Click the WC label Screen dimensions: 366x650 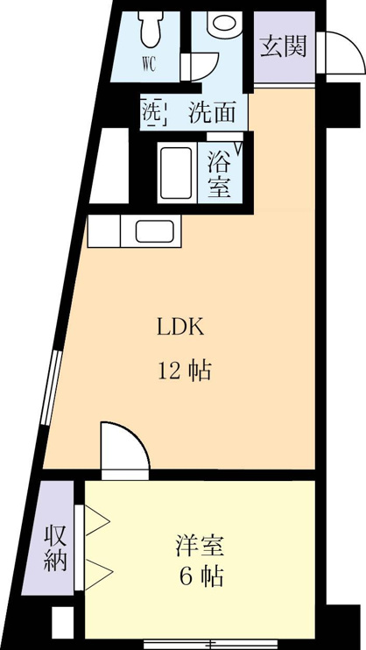click(149, 65)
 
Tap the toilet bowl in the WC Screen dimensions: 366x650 click(151, 29)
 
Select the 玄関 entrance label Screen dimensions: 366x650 click(284, 46)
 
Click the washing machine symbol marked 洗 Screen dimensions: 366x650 click(153, 110)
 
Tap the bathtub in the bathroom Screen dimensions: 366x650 click(177, 173)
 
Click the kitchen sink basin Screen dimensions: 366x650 click(155, 231)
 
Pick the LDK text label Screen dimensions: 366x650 click(180, 328)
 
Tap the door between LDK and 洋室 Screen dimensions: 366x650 click(125, 448)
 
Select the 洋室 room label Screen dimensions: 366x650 click(200, 546)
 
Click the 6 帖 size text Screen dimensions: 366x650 click(202, 576)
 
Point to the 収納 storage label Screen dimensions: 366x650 click(55, 548)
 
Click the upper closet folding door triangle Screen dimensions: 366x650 click(97, 520)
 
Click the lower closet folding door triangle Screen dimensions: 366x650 click(99, 574)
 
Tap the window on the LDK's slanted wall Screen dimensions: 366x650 click(52, 387)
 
